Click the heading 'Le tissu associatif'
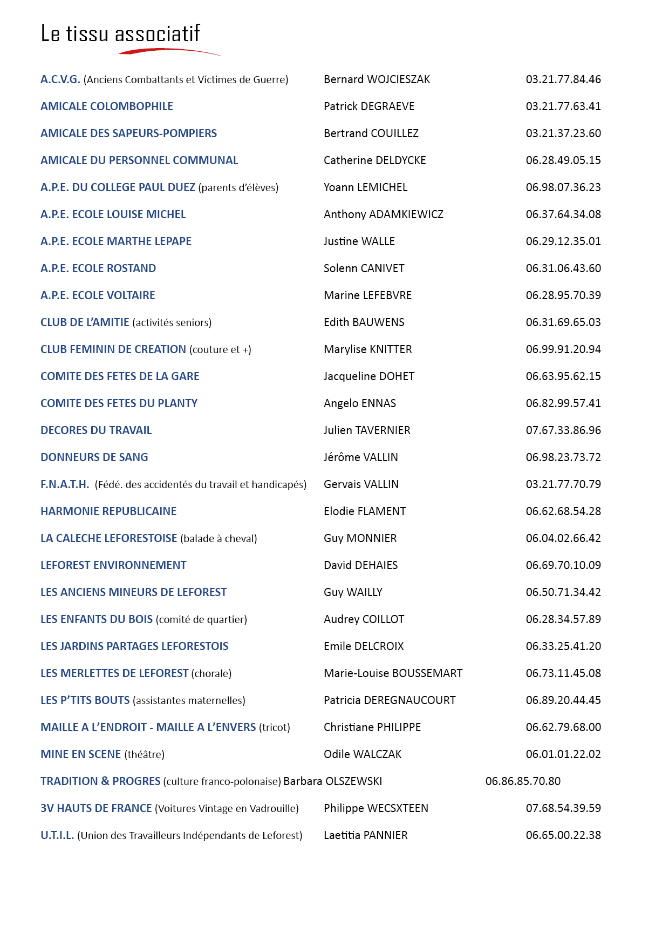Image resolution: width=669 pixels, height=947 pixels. pyautogui.click(x=120, y=33)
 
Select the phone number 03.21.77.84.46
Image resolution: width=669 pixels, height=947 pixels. pyautogui.click(x=563, y=79)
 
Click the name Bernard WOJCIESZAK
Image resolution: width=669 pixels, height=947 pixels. pyautogui.click(x=377, y=79)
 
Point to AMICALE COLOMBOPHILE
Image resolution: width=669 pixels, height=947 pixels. pyautogui.click(x=107, y=106)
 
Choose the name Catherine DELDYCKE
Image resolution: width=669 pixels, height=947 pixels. pyautogui.click(x=374, y=160)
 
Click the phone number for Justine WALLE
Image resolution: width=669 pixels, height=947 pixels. pyautogui.click(x=563, y=241)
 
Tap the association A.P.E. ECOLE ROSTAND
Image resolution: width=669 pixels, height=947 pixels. pyautogui.click(x=98, y=268)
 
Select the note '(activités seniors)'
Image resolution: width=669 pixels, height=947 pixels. pyautogui.click(x=172, y=323)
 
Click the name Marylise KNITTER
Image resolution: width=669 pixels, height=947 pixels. pyautogui.click(x=367, y=349)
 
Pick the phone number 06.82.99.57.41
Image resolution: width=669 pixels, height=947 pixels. pyautogui.click(x=563, y=403)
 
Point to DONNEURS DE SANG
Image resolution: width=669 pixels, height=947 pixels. pyautogui.click(x=94, y=457)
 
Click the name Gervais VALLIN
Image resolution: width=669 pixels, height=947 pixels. pyautogui.click(x=361, y=484)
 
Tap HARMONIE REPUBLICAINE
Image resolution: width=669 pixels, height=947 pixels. pyautogui.click(x=108, y=511)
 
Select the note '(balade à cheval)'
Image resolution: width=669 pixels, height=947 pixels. pyautogui.click(x=219, y=539)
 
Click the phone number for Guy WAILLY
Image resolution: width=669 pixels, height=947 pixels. pyautogui.click(x=563, y=592)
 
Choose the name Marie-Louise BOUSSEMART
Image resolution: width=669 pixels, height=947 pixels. pyautogui.click(x=393, y=673)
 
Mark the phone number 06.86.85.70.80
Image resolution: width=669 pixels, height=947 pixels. pyautogui.click(x=523, y=781)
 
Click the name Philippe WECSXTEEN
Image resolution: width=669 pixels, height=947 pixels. pyautogui.click(x=376, y=808)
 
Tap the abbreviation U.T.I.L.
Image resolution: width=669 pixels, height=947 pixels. pyautogui.click(x=57, y=835)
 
